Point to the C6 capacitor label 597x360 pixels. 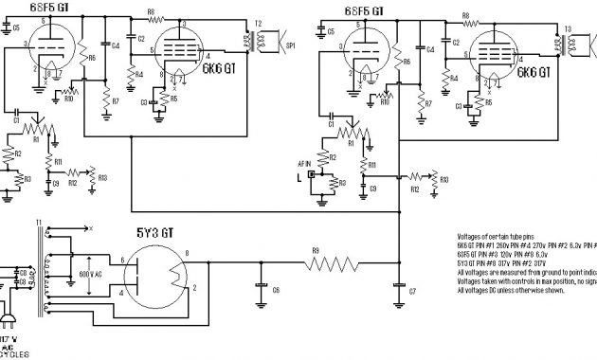[276, 289]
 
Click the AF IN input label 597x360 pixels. [305, 165]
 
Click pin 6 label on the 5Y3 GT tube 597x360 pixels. [122, 260]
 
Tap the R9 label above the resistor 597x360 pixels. [315, 251]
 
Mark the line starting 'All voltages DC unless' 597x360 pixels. [512, 290]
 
